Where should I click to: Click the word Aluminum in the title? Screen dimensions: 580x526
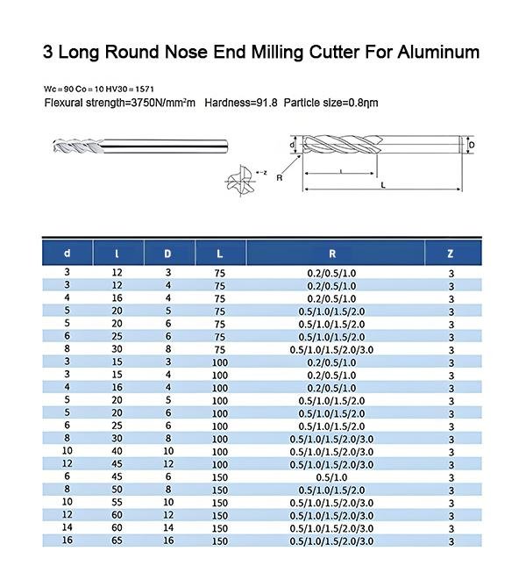tap(429, 51)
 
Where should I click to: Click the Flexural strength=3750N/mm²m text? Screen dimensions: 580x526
tap(120, 104)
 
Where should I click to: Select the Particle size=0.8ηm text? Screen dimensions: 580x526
tap(334, 104)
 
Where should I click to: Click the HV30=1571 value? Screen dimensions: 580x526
tap(128, 90)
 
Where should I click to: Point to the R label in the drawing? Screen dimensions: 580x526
tap(279, 177)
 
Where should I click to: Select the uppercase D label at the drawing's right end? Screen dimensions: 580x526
tap(471, 145)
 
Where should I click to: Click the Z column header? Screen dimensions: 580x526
tap(451, 254)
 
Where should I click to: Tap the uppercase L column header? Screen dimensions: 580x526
tap(220, 254)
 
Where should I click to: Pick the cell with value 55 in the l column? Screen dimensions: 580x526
tap(117, 502)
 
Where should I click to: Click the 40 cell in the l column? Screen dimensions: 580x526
tap(117, 451)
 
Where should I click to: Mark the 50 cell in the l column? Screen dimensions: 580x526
tap(117, 489)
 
